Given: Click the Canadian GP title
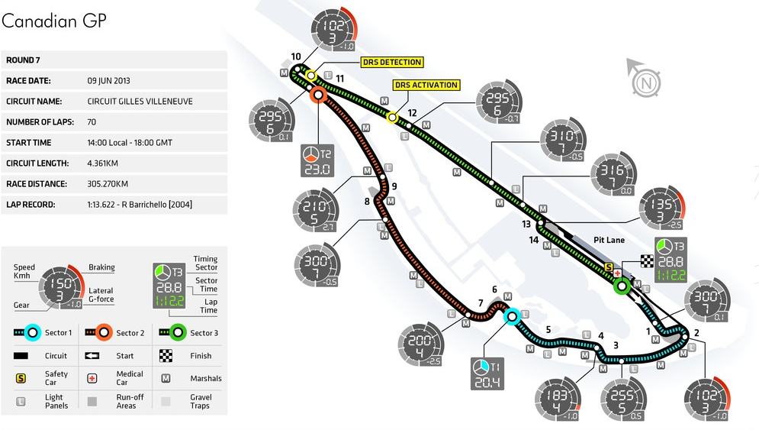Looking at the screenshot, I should pos(53,21).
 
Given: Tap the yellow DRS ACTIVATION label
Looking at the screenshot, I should pos(426,86).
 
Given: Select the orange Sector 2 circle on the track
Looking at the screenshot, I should pos(318,95).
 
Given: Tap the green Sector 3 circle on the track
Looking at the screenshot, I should pos(621,287).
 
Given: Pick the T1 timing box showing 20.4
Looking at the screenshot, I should pos(487,373).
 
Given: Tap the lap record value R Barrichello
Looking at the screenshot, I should pos(141,205).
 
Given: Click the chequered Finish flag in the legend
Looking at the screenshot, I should pos(166,355).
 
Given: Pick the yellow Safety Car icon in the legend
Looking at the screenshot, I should pos(21,377).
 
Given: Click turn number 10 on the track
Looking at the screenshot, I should pos(296,56).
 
